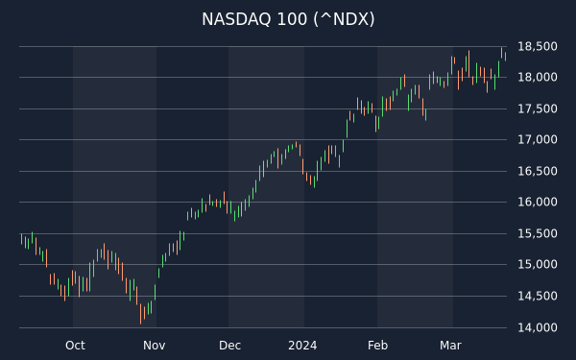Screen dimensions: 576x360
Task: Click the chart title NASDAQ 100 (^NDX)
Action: click(288, 19)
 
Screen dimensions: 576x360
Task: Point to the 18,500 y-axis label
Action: click(537, 47)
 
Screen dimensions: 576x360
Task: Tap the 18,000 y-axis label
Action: click(537, 77)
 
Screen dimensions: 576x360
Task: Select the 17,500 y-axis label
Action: click(537, 108)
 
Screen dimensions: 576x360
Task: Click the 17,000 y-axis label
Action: click(537, 139)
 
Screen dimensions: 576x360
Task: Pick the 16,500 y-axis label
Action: click(537, 171)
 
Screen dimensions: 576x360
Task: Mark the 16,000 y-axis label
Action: click(537, 202)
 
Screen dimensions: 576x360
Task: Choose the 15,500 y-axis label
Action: click(537, 233)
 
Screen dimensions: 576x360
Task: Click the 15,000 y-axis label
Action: click(537, 265)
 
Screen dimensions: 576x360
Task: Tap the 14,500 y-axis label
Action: click(537, 296)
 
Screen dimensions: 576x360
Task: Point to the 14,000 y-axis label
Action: click(537, 327)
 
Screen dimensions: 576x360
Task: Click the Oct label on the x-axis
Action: click(75, 346)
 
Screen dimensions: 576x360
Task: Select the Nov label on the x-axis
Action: click(154, 346)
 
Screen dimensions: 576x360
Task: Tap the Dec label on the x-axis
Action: click(229, 346)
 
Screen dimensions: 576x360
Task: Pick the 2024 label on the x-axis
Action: click(302, 346)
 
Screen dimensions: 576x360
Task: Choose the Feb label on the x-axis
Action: click(377, 346)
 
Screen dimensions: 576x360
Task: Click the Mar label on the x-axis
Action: click(450, 346)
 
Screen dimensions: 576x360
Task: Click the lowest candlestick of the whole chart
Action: click(141, 314)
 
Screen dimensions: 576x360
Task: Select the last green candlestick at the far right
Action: click(506, 57)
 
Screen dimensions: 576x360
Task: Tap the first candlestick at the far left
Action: click(21, 239)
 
